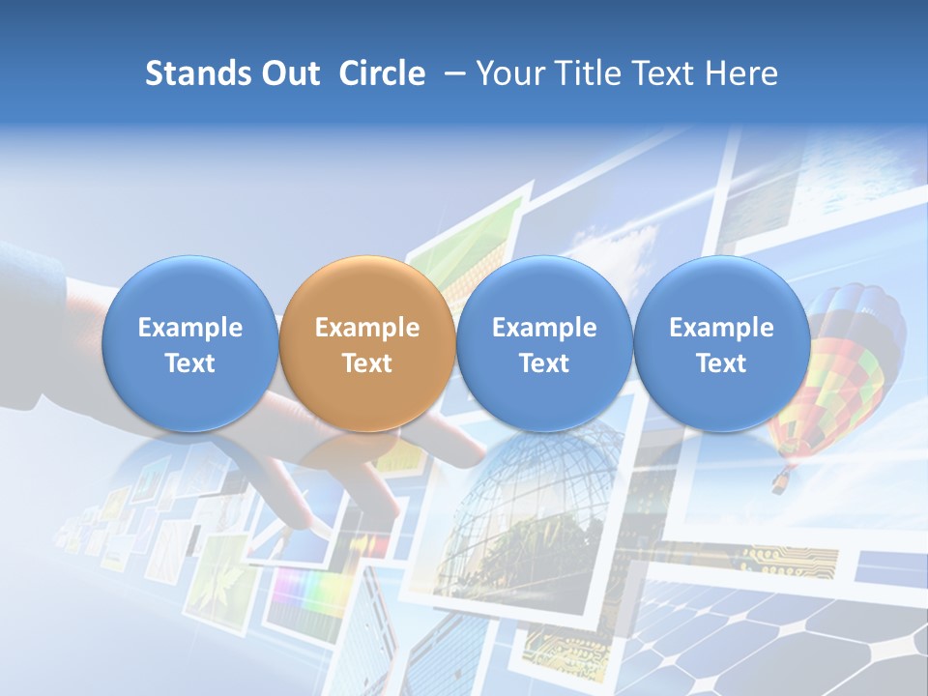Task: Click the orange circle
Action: coord(366,343)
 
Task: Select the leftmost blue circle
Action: coord(189,343)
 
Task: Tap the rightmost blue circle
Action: coord(721,343)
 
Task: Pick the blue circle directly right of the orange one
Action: coord(544,343)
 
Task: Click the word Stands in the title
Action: coord(195,73)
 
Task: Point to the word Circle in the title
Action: coord(382,73)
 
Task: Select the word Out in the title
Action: coord(288,73)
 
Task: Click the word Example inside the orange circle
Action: coord(366,328)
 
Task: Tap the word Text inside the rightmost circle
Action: coord(721,363)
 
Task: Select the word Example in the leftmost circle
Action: coord(189,328)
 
